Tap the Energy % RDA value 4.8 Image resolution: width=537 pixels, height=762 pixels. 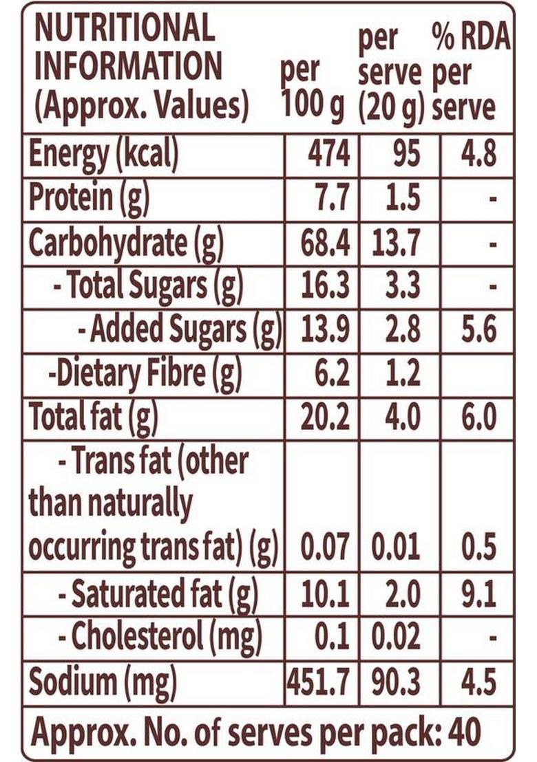(x=478, y=155)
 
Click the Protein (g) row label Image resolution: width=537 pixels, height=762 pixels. (x=89, y=199)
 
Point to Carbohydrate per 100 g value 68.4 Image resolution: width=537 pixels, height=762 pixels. (x=326, y=243)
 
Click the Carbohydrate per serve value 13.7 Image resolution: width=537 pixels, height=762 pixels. (x=396, y=243)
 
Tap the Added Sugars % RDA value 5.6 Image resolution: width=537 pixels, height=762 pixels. (x=478, y=331)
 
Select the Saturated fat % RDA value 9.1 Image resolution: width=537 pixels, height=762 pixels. (x=478, y=595)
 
